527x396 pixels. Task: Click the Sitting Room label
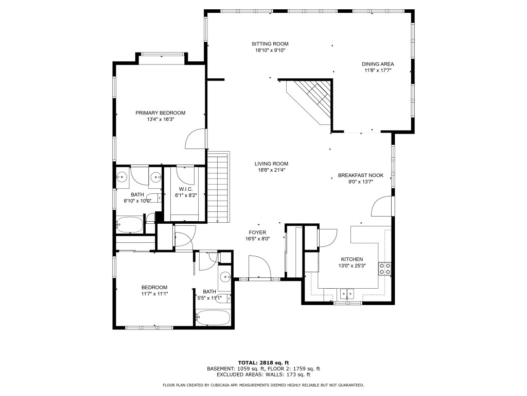pyautogui.click(x=270, y=44)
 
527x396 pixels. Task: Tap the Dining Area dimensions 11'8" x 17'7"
pyautogui.click(x=378, y=71)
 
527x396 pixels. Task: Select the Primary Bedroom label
pyautogui.click(x=160, y=112)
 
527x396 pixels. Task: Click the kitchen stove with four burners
pyautogui.click(x=384, y=268)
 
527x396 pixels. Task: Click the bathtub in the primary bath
pyautogui.click(x=129, y=224)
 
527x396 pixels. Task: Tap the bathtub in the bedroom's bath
pyautogui.click(x=213, y=317)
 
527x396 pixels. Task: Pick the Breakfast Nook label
pyautogui.click(x=361, y=175)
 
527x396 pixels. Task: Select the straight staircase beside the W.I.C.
pyautogui.click(x=218, y=186)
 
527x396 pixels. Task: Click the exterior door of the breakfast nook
pyautogui.click(x=382, y=207)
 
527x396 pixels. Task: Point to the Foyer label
pyautogui.click(x=257, y=233)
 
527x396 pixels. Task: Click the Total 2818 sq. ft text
pyautogui.click(x=263, y=362)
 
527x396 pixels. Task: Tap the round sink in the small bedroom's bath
pyautogui.click(x=225, y=277)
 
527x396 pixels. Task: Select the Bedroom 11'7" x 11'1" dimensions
pyautogui.click(x=154, y=293)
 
